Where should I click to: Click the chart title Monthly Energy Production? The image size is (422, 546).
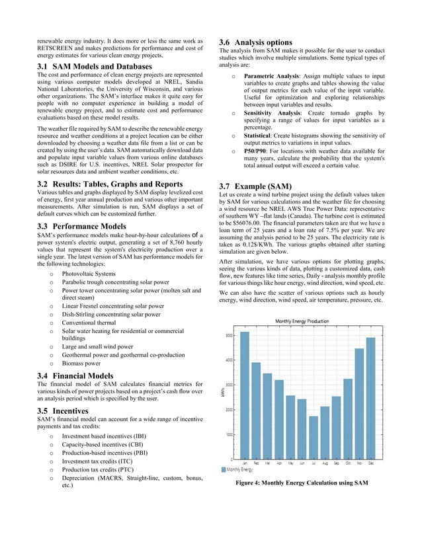tap(302, 321)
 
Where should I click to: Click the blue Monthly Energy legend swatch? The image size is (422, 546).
tap(223, 470)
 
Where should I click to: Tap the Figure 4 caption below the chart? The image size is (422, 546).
tap(301, 484)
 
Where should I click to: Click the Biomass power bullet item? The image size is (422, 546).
tap(81, 363)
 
